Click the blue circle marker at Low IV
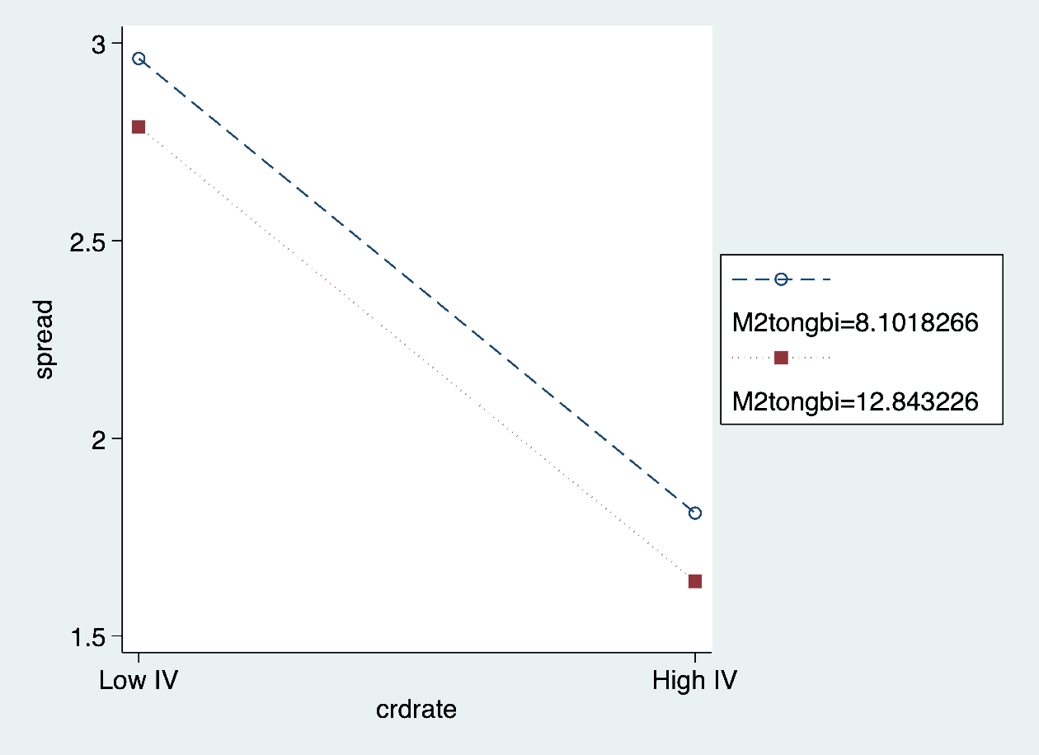(139, 59)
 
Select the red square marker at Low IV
(139, 127)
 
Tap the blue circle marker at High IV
(695, 513)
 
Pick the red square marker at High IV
(695, 581)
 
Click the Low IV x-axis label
(139, 681)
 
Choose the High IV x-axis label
(694, 681)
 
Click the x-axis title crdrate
(416, 709)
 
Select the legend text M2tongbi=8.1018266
(855, 323)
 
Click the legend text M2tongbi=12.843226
(855, 401)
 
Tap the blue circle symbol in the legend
(781, 279)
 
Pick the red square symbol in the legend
(781, 358)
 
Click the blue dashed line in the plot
(416, 285)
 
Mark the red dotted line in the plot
(416, 354)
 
